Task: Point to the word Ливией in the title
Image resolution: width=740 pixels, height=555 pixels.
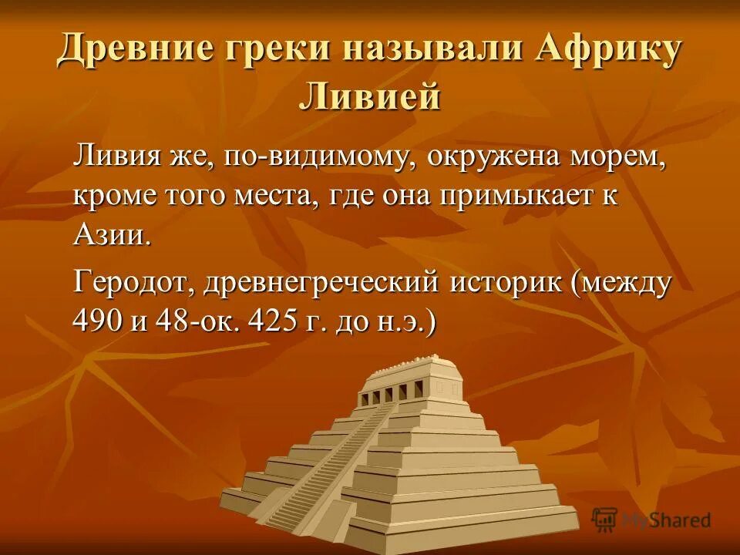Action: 370,98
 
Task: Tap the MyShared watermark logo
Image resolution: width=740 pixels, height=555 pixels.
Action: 652,519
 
